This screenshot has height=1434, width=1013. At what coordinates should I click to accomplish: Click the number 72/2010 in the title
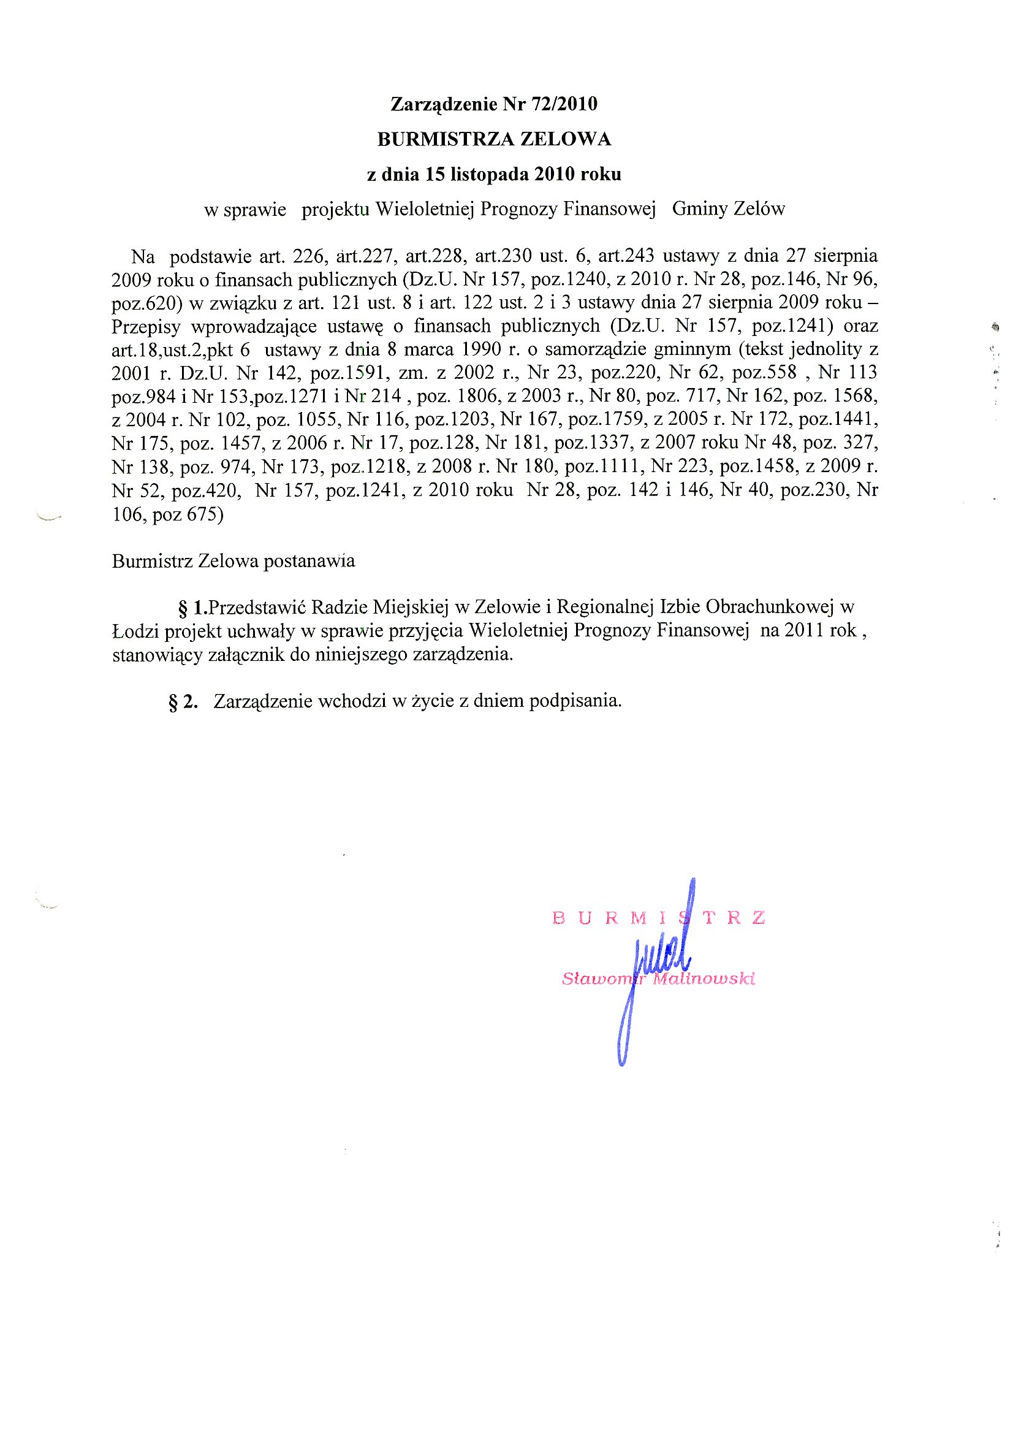[564, 104]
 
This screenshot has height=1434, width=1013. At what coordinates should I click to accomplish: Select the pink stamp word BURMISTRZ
[659, 918]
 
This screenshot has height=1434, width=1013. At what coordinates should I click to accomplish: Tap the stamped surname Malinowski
[704, 978]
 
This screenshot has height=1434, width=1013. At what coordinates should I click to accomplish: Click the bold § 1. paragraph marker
[193, 607]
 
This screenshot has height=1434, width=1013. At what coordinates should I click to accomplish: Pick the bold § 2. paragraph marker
[183, 702]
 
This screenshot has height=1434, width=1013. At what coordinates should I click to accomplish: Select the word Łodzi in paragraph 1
[134, 631]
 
